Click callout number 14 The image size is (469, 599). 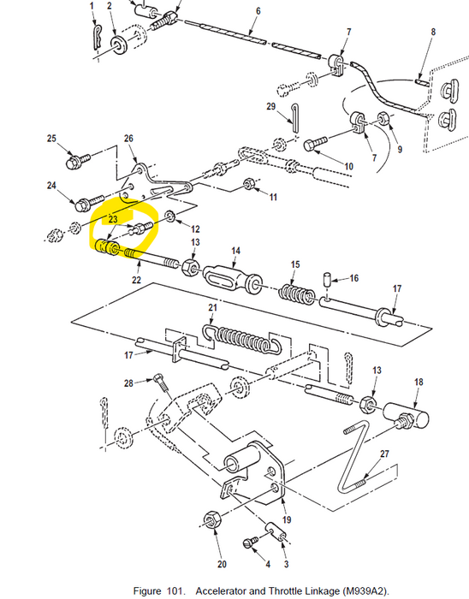[235, 251]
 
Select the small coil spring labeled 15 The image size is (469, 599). [294, 293]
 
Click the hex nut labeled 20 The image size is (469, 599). [211, 520]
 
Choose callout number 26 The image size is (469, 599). [128, 139]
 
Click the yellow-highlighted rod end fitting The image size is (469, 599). [108, 247]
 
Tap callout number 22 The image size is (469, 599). [136, 280]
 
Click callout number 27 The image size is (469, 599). [384, 454]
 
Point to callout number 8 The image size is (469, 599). [433, 33]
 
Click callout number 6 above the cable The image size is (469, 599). [257, 10]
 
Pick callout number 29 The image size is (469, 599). [270, 107]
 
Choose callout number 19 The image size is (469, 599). [286, 519]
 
